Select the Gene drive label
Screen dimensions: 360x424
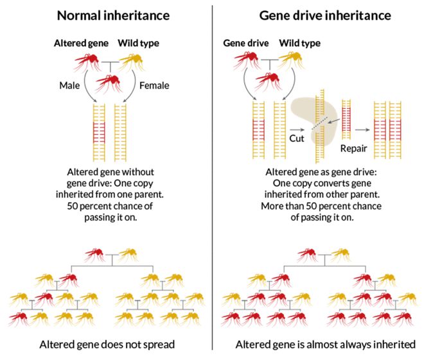click(x=245, y=43)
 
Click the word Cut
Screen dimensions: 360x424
click(x=288, y=137)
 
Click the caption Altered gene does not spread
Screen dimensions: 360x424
click(x=106, y=344)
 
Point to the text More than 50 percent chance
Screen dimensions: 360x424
click(x=321, y=207)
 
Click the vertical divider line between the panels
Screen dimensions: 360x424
click(x=212, y=180)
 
